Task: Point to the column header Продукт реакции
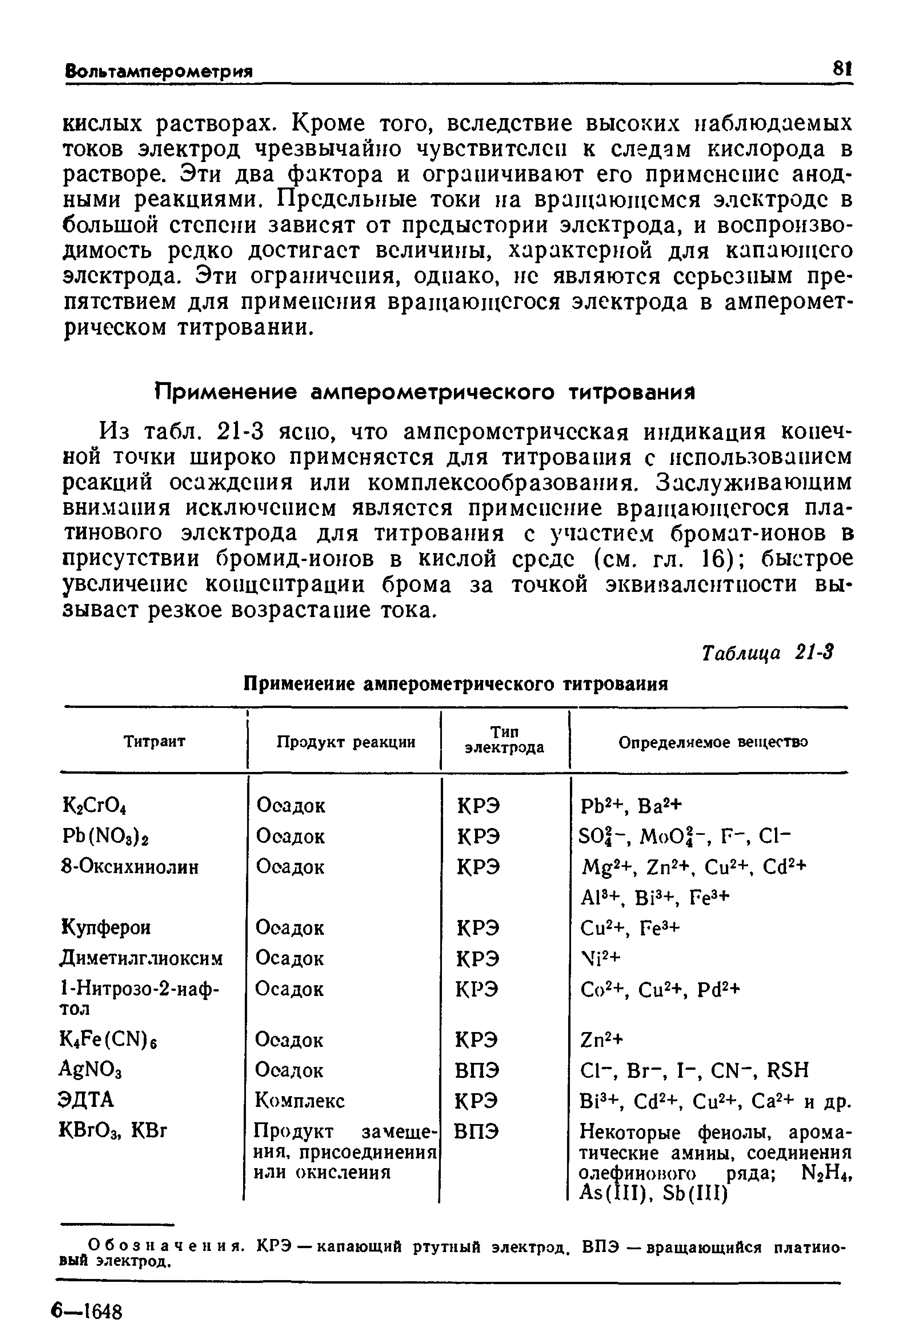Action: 345,742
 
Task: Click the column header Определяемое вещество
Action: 713,742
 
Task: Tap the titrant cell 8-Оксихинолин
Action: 130,867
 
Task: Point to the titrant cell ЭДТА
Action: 87,1100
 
